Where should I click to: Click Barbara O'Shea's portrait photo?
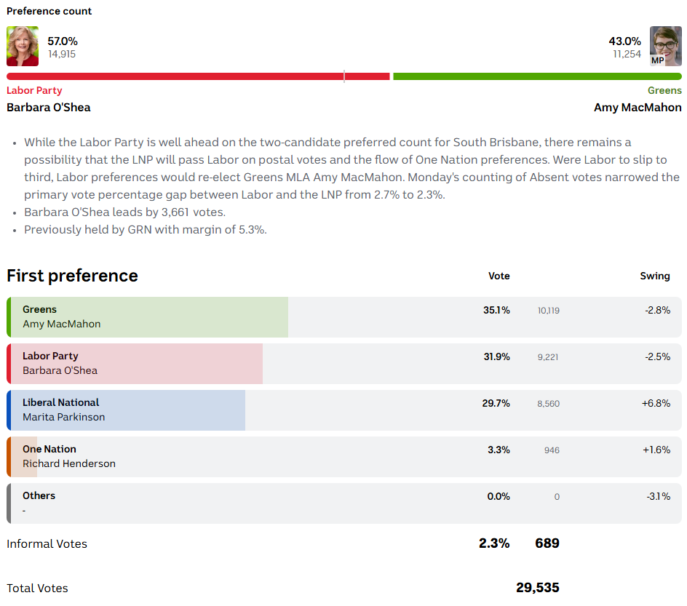coord(23,47)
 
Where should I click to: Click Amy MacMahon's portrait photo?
coord(665,47)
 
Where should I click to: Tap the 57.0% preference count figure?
coord(63,41)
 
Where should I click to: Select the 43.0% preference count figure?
coord(625,41)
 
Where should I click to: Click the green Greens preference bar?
coord(537,76)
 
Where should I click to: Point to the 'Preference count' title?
coord(49,11)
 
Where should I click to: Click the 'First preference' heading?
coord(72,276)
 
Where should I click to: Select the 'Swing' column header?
coord(655,276)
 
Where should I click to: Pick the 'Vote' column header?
coord(499,276)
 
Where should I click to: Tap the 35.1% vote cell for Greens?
coord(496,310)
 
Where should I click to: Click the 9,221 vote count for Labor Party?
coord(549,357)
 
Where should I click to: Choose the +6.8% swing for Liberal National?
coord(656,403)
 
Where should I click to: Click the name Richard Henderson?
coord(69,463)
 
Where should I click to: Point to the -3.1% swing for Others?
coord(658,496)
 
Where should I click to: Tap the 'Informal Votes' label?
coord(47,543)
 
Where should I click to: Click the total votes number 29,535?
coord(538,587)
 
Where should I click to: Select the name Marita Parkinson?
coord(64,417)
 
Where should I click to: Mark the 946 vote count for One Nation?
coord(552,450)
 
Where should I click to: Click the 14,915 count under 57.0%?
coord(62,54)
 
